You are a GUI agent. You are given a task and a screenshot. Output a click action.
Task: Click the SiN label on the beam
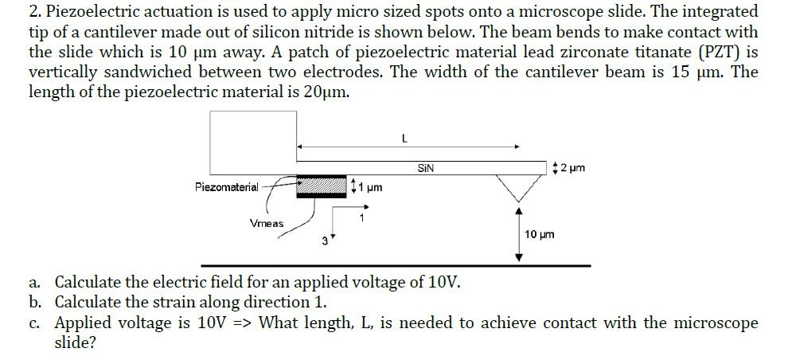point(425,168)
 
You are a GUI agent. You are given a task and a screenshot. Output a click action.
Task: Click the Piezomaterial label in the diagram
point(227,187)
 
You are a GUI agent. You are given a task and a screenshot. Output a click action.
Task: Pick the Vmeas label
point(266,223)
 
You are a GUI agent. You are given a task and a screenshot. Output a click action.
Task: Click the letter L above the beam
point(405,138)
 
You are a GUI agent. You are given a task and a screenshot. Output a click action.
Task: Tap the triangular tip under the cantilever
point(518,188)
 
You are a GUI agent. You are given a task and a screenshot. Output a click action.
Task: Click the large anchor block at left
point(253,143)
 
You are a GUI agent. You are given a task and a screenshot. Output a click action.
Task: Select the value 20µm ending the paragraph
point(326,93)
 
